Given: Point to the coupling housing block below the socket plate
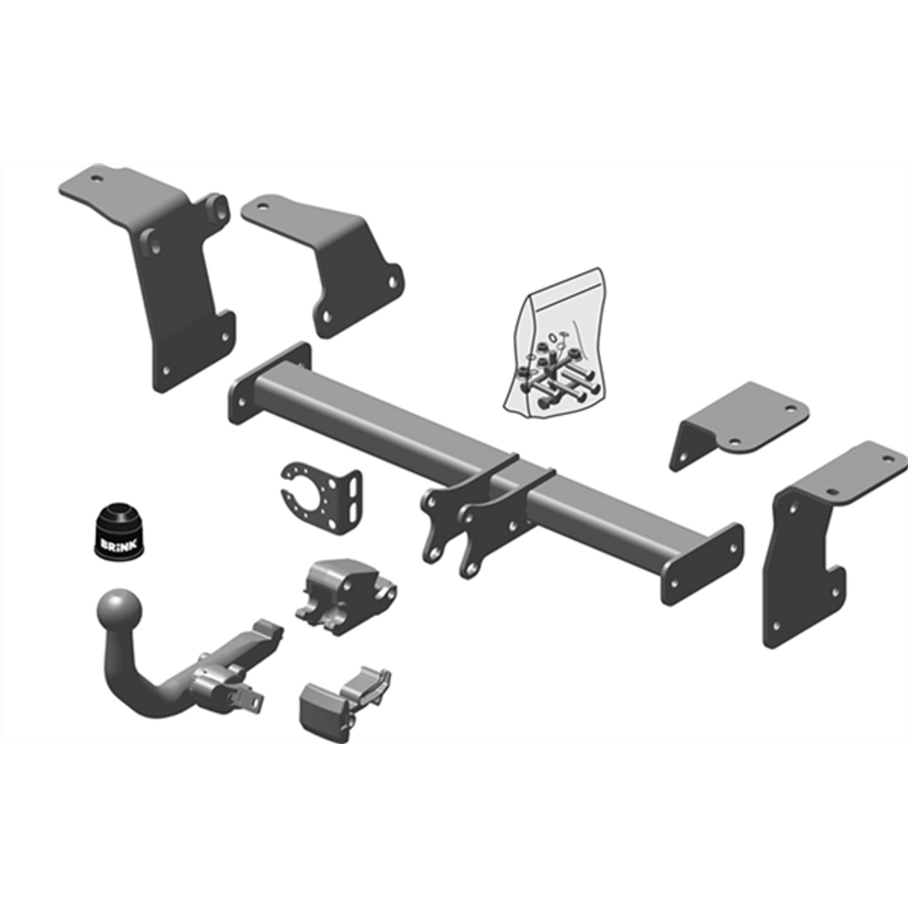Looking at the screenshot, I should tap(344, 594).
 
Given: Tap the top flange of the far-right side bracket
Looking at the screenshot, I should tap(851, 470).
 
